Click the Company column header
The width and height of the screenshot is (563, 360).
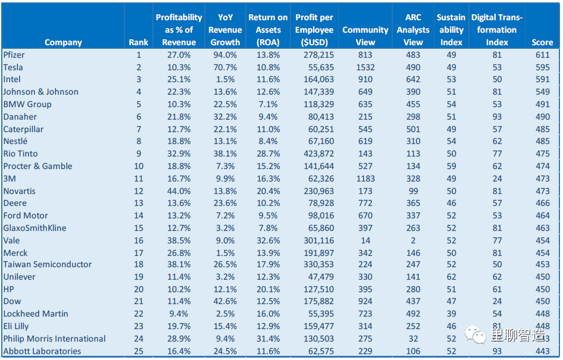63,42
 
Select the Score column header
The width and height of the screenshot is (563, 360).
542,42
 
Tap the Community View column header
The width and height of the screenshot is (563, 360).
365,36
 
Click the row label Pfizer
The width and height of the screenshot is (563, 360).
14,55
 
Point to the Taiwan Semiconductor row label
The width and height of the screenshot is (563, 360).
48,265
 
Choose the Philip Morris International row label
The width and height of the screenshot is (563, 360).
54,339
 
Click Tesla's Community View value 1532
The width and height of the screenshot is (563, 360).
365,67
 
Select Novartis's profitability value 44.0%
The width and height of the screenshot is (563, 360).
179,192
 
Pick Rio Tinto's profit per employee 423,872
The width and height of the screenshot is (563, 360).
319,154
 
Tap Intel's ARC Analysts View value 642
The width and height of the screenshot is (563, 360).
413,79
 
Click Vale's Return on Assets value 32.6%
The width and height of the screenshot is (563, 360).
268,240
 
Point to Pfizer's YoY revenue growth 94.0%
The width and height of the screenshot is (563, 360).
225,55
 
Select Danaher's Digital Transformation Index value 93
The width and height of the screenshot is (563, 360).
497,117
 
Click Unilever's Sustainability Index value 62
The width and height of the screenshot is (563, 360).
451,277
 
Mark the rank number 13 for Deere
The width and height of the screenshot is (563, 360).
139,203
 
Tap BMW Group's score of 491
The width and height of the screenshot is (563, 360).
543,105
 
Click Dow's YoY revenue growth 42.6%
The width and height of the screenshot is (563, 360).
225,301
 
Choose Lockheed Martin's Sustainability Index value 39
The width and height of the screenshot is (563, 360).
451,314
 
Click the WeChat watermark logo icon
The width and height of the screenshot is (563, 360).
476,334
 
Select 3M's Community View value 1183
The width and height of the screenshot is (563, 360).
365,179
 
